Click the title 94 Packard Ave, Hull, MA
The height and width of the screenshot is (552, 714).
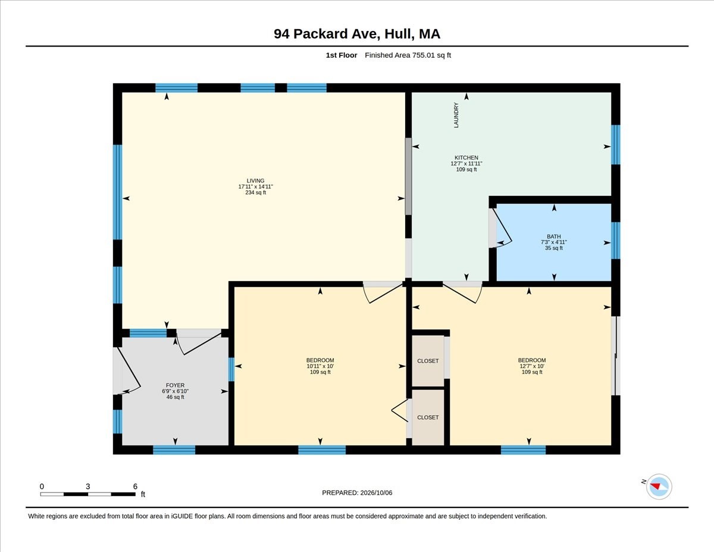[357, 34]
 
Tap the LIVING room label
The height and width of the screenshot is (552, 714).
[255, 180]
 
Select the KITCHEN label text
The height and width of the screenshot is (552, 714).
[466, 157]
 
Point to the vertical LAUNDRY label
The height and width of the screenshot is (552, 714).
[456, 115]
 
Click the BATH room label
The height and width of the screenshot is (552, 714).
[554, 236]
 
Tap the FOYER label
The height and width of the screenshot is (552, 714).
[175, 385]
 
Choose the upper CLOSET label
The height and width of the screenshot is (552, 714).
[428, 361]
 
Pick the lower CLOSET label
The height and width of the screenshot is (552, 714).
[428, 417]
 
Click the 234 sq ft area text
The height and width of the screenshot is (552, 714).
[255, 192]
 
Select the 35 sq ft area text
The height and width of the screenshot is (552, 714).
[554, 248]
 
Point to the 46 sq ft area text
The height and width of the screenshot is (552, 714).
[175, 397]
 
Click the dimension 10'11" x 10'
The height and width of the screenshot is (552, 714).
[320, 366]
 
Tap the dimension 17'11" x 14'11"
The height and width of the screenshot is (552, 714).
[255, 186]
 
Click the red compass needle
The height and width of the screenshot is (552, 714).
[655, 486]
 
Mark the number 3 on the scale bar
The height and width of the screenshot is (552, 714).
[87, 486]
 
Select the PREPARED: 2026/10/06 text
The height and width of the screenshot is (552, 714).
[357, 492]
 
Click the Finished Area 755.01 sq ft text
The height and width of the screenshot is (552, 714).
[408, 55]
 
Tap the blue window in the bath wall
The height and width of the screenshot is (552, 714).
[615, 241]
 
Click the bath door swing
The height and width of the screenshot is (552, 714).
[502, 227]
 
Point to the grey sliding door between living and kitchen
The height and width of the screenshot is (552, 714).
[408, 176]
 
